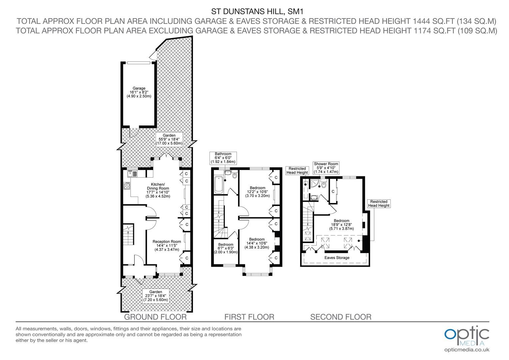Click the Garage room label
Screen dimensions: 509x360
[x=139, y=92]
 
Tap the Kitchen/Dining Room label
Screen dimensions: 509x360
[x=158, y=190]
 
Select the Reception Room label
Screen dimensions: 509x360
[x=167, y=245]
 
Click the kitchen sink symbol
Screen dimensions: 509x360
[x=132, y=174]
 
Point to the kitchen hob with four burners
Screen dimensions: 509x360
[x=127, y=186]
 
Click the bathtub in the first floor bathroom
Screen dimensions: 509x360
[x=219, y=184]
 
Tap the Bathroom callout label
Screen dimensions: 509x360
[x=223, y=158]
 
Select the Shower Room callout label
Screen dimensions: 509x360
[x=326, y=168]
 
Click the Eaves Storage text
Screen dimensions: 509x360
[x=337, y=258]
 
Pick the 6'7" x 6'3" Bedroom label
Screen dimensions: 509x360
[x=226, y=248]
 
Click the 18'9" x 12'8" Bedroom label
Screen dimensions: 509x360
[x=341, y=225]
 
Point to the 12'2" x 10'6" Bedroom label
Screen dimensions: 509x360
[x=257, y=192]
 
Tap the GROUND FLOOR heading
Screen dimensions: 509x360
[x=155, y=317]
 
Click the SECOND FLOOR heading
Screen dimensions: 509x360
[x=341, y=317]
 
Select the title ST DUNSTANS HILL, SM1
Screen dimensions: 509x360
[x=257, y=11]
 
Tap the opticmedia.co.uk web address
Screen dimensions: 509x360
[x=467, y=350]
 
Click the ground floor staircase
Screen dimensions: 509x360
[x=128, y=234]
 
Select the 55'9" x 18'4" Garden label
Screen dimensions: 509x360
[x=169, y=139]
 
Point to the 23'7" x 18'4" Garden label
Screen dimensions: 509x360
[x=156, y=296]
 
